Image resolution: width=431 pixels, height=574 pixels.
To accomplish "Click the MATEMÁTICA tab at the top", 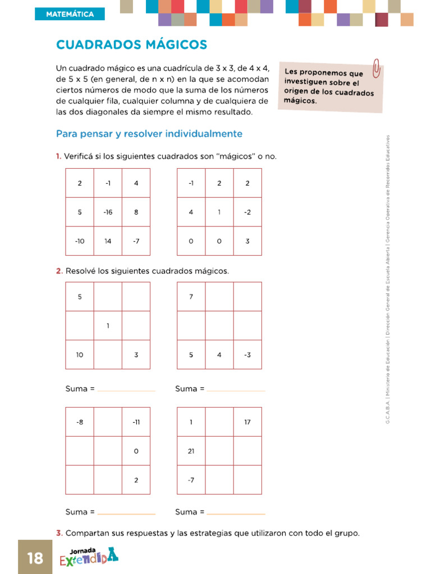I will pos(70,15).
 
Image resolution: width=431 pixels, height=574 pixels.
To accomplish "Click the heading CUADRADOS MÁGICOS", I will pos(132,45).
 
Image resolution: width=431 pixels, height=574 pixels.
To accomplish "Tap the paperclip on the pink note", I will pos(377,68).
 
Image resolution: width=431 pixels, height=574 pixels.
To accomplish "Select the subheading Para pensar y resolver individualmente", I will pos(149,134).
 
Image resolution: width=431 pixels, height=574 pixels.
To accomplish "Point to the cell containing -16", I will pos(108,212).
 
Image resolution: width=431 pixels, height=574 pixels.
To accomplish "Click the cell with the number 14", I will pos(108,241).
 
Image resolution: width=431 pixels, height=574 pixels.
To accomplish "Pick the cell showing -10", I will pos(80,241).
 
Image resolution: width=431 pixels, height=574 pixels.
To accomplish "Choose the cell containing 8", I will pos(136,212).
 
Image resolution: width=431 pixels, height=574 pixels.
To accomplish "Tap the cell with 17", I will pos(247,422).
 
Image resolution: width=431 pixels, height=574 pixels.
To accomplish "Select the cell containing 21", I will pos(191,451).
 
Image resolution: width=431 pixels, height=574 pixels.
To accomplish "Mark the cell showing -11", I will pos(136,422).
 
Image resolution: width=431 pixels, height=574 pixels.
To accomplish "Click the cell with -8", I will pos(80,422).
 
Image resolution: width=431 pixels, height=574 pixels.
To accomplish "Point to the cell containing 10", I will pos(80,354).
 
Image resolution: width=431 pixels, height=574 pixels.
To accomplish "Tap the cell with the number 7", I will pos(191,297).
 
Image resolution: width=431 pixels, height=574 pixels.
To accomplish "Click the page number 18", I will pos(35,558).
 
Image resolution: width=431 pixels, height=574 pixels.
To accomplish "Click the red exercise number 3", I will pos(58,533).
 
